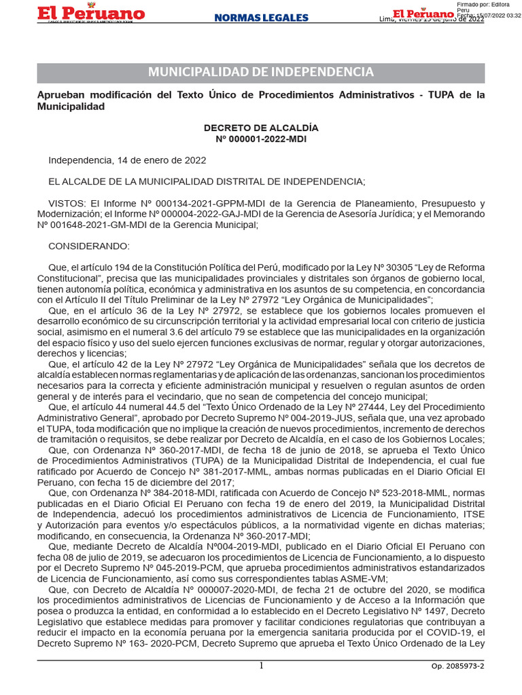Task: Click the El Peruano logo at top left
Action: tap(90, 14)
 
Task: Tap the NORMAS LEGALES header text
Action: tap(261, 18)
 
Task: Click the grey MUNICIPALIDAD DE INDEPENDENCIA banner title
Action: tap(261, 73)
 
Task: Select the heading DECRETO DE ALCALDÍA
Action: tap(261, 128)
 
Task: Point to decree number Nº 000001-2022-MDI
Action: tap(261, 139)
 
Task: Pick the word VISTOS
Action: tap(66, 203)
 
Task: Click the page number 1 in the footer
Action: tap(261, 666)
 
